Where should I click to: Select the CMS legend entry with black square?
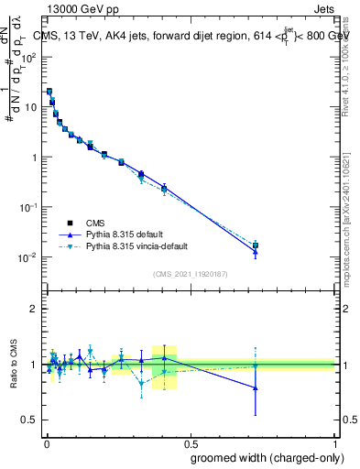tap(69, 223)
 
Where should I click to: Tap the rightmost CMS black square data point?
tap(256, 245)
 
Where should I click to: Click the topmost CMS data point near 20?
tap(49, 92)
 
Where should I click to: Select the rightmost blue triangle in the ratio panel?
tap(256, 388)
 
